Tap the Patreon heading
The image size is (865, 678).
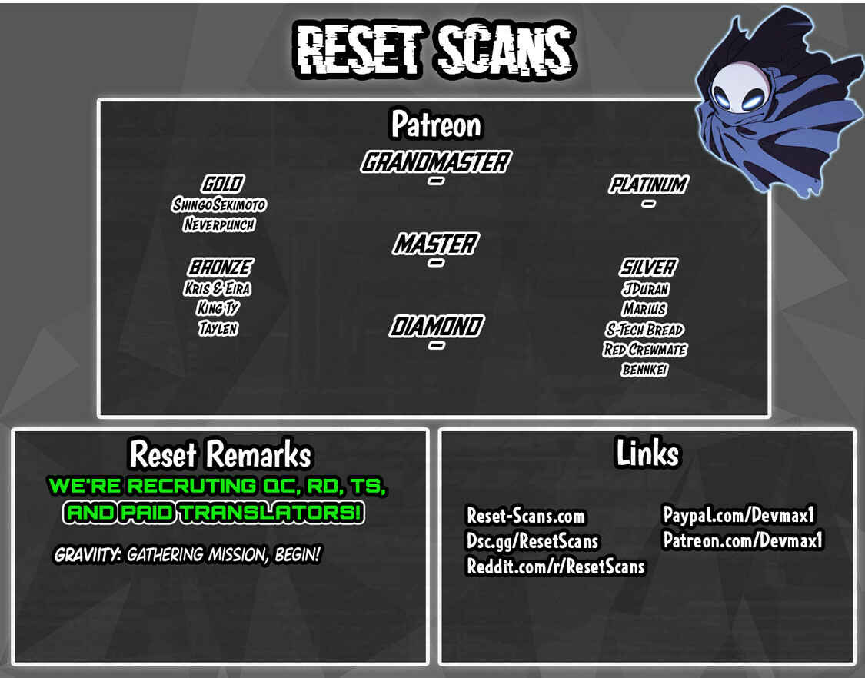(x=436, y=125)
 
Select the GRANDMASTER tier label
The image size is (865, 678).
(x=436, y=162)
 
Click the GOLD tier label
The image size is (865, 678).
(x=221, y=184)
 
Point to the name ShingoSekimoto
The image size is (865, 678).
(x=218, y=204)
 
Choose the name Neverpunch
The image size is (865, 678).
(x=219, y=224)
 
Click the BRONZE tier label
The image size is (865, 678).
(x=220, y=268)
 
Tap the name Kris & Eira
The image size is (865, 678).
(x=218, y=288)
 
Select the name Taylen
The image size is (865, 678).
(x=218, y=329)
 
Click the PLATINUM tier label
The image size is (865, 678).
(x=649, y=184)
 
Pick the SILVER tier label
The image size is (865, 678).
(x=647, y=268)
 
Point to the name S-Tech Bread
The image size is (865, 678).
(x=644, y=330)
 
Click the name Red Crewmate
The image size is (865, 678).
(x=645, y=350)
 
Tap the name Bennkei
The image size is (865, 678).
(x=644, y=370)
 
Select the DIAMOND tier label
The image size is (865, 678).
(x=437, y=326)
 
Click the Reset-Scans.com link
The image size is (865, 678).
(x=526, y=516)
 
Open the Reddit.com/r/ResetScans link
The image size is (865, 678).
(x=555, y=567)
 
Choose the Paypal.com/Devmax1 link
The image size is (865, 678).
(x=739, y=515)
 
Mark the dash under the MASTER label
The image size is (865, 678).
(x=436, y=263)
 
